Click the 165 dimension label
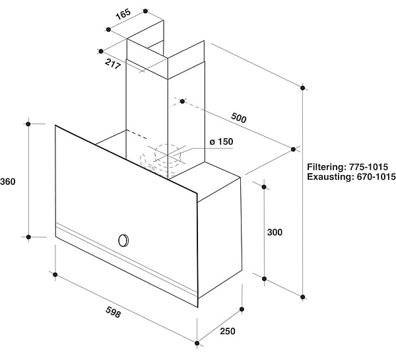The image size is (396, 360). tap(123, 14)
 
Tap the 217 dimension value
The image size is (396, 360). tap(113, 63)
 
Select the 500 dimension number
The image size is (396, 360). tap(238, 118)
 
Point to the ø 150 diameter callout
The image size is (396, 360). tap(222, 141)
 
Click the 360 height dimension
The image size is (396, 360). tap(7, 182)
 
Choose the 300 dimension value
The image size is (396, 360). tap(275, 232)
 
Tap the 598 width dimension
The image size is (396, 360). tap(113, 312)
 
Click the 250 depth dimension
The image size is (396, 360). tap(227, 331)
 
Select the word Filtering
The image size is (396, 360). tap(327, 167)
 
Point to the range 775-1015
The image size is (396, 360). tap(368, 167)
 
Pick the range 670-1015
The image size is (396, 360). tap(376, 176)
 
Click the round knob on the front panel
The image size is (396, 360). tap(123, 240)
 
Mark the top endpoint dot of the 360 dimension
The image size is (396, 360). tap(28, 124)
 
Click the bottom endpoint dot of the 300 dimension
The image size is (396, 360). tap(264, 279)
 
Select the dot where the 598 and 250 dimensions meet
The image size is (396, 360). tap(197, 343)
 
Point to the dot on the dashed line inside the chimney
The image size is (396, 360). tap(182, 101)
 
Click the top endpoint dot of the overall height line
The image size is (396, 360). tap(302, 88)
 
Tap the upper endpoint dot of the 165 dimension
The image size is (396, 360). tap(145, 11)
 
